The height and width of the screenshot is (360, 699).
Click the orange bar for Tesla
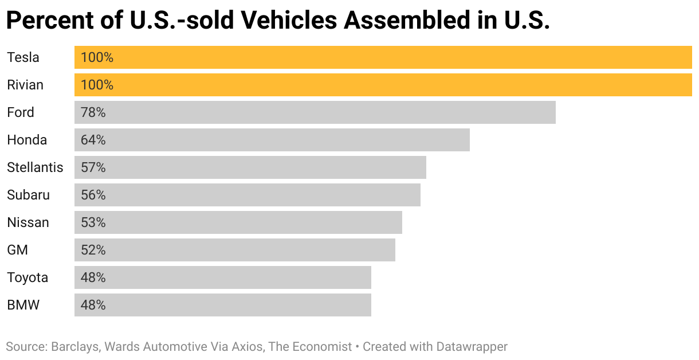click(x=383, y=57)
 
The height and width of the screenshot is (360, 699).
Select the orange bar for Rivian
click(x=383, y=85)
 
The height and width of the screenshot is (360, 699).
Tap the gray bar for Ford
click(x=315, y=112)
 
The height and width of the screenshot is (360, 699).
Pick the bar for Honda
click(x=272, y=140)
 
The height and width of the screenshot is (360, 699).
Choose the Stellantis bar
click(x=250, y=167)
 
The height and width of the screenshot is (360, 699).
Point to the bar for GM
click(x=235, y=250)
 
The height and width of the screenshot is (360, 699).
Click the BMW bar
click(x=223, y=305)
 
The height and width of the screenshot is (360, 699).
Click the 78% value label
click(x=93, y=112)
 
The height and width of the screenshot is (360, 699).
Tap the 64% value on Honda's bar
click(x=93, y=140)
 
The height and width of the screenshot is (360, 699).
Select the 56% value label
click(x=93, y=195)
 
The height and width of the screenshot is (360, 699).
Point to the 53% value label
click(x=93, y=222)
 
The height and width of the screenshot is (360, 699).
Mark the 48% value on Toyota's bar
click(x=93, y=277)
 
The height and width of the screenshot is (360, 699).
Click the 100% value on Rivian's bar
click(x=97, y=85)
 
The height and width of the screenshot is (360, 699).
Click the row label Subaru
click(x=28, y=195)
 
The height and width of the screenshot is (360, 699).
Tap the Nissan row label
click(x=28, y=222)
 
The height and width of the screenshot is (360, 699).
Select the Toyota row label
click(x=28, y=277)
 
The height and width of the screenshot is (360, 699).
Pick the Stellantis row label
click(x=35, y=167)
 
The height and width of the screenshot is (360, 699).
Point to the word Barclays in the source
click(x=73, y=347)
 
